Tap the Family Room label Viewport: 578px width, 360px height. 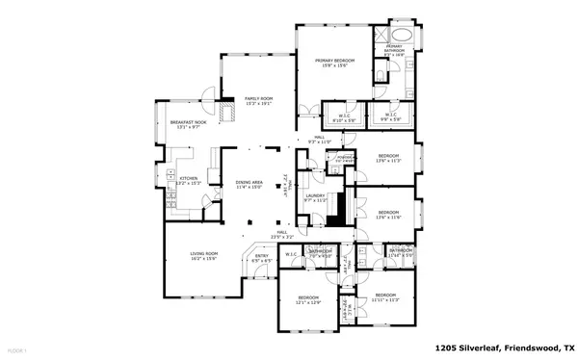(x=257, y=101)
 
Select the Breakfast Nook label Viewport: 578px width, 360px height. (x=189, y=124)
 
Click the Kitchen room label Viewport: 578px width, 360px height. (x=189, y=180)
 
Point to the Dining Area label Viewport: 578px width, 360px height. (x=250, y=186)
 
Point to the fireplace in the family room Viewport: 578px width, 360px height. (x=228, y=112)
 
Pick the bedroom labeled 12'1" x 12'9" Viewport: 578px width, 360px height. (x=307, y=299)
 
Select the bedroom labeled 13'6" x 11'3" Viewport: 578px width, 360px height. (x=388, y=159)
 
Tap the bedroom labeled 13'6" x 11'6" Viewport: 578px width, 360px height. (x=388, y=214)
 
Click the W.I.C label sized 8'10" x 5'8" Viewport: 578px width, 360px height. (x=344, y=119)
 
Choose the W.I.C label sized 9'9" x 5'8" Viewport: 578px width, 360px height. (x=392, y=119)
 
